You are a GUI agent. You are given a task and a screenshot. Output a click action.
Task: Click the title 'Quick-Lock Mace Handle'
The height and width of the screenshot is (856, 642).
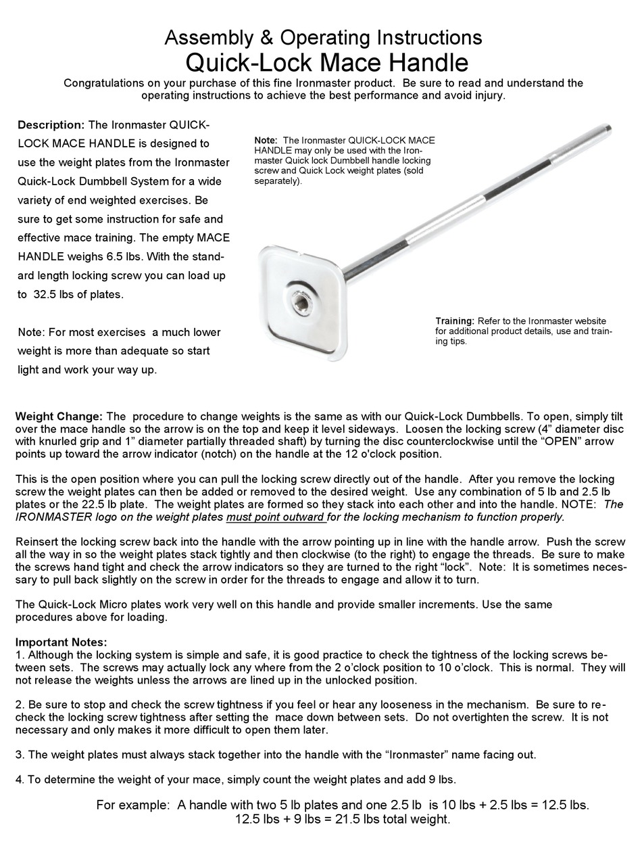click(326, 62)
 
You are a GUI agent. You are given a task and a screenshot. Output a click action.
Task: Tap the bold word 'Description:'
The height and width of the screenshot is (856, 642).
click(51, 125)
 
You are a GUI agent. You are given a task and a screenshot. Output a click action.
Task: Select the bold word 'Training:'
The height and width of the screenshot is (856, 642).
click(454, 320)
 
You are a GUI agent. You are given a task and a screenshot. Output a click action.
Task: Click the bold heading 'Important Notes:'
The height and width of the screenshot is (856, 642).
click(61, 642)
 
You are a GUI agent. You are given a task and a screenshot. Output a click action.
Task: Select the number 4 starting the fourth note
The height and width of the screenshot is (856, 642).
click(18, 778)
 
